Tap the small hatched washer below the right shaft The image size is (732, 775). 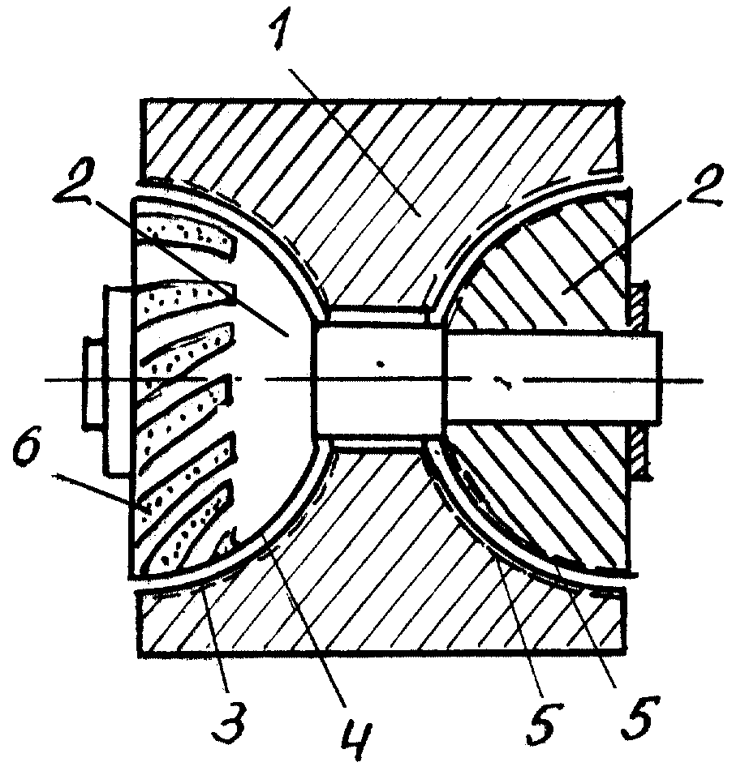coord(639,452)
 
